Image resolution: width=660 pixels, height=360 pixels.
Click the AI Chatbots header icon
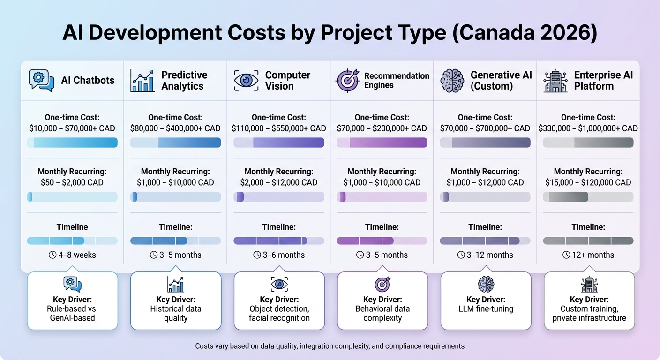pos(41,80)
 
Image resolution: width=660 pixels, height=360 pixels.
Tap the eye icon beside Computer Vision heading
pos(246,80)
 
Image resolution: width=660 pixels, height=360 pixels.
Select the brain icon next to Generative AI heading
pos(452,80)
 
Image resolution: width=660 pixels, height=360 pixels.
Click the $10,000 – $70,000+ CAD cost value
pos(72,128)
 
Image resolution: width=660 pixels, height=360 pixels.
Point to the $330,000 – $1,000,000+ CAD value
pos(588,128)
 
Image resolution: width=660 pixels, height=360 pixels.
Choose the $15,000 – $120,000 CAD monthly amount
pos(588,182)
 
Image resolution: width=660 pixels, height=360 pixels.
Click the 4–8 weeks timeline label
pos(72,255)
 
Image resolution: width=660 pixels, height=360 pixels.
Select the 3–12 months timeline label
pos(485,255)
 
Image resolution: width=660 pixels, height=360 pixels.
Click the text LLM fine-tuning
pos(486,309)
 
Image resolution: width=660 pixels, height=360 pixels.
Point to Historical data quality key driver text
pos(176,313)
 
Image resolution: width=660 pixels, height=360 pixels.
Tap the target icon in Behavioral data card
pos(382,284)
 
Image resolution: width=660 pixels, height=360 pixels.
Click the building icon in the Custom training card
pos(589,284)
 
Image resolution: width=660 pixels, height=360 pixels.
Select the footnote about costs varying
pos(330,346)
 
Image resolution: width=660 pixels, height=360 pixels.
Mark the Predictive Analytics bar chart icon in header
pos(142,80)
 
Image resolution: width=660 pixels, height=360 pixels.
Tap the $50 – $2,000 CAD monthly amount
pos(72,182)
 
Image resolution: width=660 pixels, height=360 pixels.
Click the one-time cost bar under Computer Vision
pos(278,142)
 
